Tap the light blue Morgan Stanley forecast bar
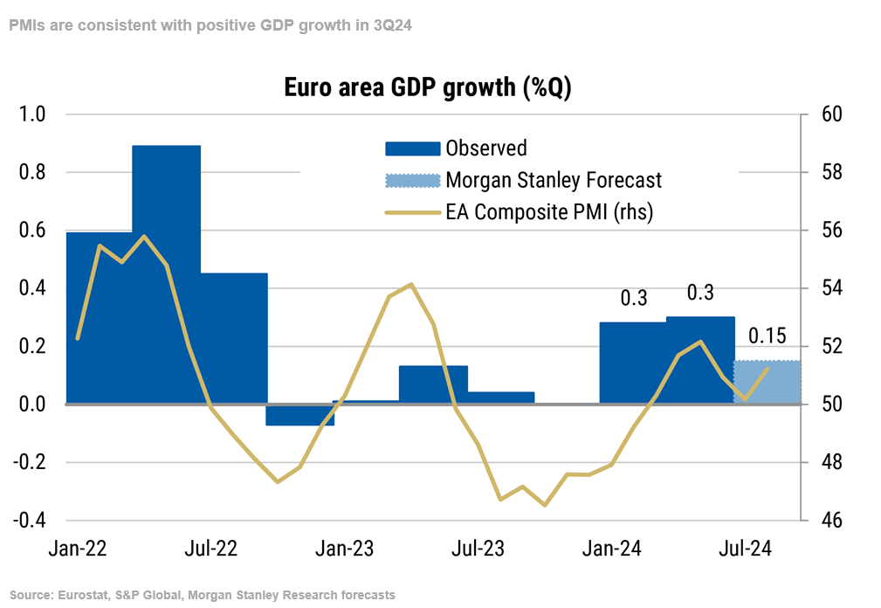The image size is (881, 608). click(767, 382)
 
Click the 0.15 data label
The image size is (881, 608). click(767, 336)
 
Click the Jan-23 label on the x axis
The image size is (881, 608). click(345, 549)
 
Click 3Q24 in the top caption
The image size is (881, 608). click(392, 25)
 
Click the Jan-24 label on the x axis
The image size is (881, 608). click(613, 549)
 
